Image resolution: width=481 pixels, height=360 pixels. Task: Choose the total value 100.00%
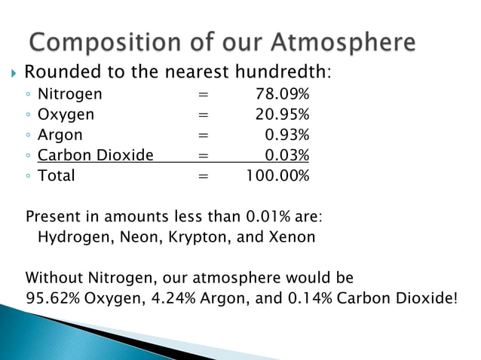pyautogui.click(x=277, y=175)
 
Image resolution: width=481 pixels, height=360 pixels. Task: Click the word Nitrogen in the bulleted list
pyautogui.click(x=69, y=94)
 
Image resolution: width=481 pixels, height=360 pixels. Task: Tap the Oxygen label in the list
pyautogui.click(x=66, y=114)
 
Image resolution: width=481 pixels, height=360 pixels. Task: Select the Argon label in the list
pyautogui.click(x=60, y=135)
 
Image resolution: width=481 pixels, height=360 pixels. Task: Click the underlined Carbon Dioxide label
pyautogui.click(x=95, y=155)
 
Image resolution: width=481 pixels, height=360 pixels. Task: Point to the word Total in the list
pyautogui.click(x=56, y=175)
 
